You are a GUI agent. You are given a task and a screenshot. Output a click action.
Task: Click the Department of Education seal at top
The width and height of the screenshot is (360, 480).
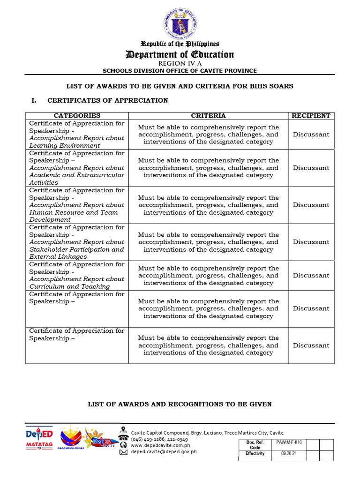pos(180,22)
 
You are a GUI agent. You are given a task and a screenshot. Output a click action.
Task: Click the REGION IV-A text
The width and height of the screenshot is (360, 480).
pos(180,63)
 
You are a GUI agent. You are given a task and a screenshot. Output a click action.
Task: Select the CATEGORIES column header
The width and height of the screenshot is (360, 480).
pos(77,115)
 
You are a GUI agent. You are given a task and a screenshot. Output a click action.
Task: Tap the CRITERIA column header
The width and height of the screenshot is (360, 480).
pos(208,115)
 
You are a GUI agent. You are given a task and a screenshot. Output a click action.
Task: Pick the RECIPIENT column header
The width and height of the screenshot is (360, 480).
pos(311,115)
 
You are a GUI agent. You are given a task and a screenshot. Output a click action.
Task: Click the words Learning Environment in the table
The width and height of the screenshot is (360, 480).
pos(65,145)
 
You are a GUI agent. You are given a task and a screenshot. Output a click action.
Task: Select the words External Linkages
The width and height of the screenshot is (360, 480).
pos(58,257)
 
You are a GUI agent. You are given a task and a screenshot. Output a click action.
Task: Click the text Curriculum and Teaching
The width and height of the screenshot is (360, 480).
pos(69,286)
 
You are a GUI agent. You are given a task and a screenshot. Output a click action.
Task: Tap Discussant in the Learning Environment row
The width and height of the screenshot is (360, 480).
pos(311,135)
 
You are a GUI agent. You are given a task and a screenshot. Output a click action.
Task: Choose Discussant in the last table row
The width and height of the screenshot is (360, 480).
pos(311,345)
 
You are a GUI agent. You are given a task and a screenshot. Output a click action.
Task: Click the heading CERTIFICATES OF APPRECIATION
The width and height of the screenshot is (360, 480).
pos(107,100)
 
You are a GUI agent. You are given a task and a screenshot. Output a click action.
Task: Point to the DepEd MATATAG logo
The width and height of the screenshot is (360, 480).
pos(39,438)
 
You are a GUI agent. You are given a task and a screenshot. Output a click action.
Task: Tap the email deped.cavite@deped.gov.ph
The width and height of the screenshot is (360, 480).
pos(164,452)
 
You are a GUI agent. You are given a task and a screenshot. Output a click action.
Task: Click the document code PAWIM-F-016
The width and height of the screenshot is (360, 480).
pos(286,442)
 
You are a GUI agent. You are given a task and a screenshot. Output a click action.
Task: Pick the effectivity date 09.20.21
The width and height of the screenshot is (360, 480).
pos(286,454)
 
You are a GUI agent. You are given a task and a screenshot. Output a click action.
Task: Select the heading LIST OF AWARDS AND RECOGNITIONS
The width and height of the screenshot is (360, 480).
pos(180,404)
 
